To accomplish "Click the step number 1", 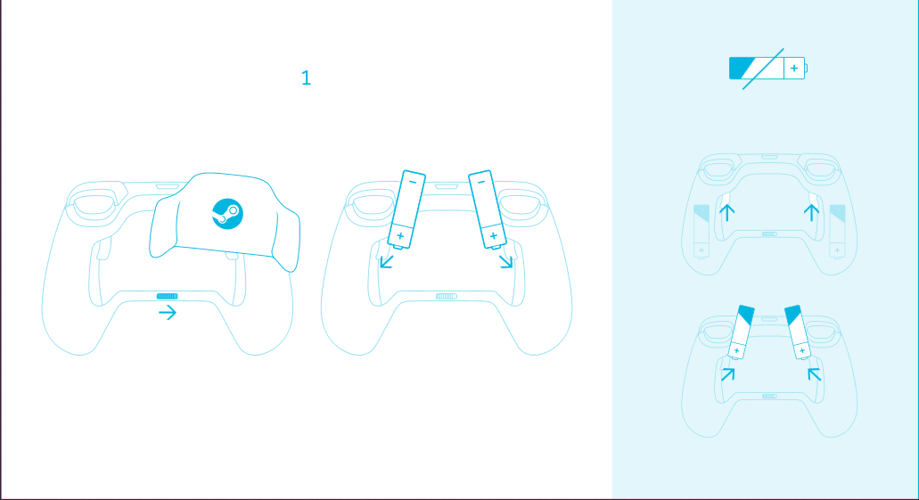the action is coord(306,78).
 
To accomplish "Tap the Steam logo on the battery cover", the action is coord(227,214).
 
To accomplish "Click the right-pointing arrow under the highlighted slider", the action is coord(168,313).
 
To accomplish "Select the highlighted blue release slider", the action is coord(167,297).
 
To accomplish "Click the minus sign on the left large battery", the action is coord(413,183).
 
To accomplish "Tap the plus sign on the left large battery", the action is coord(400,236).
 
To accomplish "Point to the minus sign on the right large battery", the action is coord(481,183).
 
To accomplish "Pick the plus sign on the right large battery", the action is coord(494,235).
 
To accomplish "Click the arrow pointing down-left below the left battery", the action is coord(386,261).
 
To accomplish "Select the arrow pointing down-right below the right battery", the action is coord(506,261).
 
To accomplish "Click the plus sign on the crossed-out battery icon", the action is coord(794,69).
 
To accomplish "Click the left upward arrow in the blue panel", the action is coord(726,212).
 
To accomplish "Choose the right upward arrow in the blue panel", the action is coord(811,212).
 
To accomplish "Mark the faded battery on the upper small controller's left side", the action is coord(702,232).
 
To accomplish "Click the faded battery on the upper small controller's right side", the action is coord(838,232).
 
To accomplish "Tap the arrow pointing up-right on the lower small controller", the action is coord(728,374).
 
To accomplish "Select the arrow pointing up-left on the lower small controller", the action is coord(814,374).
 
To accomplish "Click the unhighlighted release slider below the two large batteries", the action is coord(446,297).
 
